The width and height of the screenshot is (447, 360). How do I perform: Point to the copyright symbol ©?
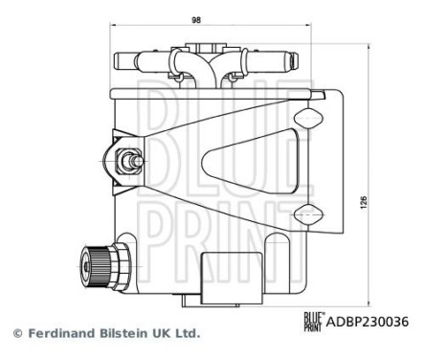(15, 334)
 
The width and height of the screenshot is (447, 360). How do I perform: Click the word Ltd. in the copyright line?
(187, 334)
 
